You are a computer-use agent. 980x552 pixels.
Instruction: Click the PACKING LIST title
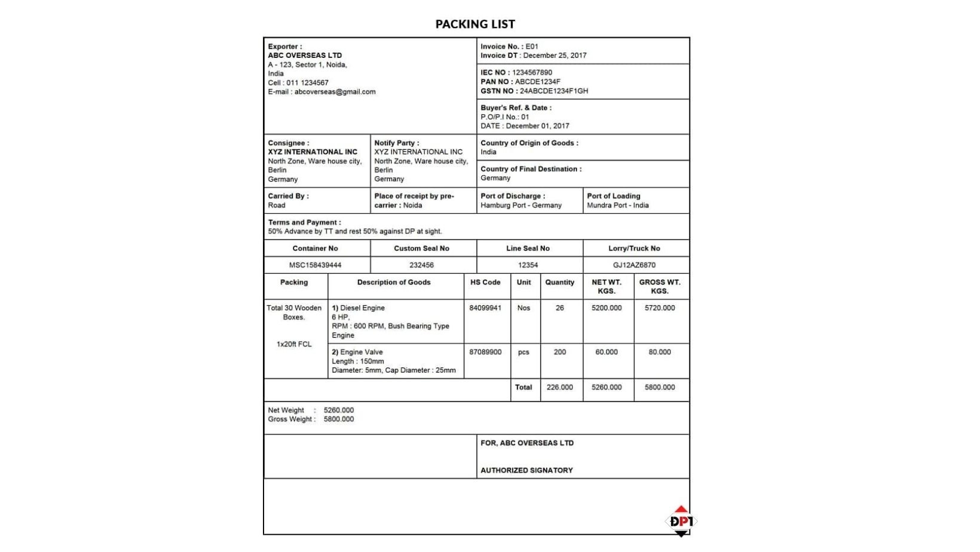click(475, 24)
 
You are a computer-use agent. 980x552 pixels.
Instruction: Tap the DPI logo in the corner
click(681, 521)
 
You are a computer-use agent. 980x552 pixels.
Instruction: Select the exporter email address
click(335, 92)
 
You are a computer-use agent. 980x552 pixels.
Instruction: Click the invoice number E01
click(532, 47)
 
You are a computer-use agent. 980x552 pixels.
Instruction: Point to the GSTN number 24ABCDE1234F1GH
click(553, 91)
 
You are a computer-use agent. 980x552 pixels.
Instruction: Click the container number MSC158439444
click(315, 265)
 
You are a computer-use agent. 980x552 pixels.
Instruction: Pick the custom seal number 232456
click(421, 265)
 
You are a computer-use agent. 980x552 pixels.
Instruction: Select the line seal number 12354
click(528, 265)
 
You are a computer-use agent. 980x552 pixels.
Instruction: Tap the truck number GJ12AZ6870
click(634, 265)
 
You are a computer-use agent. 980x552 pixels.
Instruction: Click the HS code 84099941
click(485, 308)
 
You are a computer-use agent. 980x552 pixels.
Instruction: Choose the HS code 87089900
click(485, 352)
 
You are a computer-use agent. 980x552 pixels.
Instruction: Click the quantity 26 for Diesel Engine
click(559, 308)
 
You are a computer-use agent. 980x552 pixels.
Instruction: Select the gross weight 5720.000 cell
click(660, 308)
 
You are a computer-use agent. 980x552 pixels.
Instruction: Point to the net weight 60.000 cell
click(607, 352)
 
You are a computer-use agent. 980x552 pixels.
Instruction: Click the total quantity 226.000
click(559, 388)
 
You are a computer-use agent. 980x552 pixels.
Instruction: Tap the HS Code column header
click(485, 283)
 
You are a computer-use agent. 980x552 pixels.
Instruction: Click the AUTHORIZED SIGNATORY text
click(526, 471)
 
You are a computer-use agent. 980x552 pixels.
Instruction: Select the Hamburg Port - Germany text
click(521, 206)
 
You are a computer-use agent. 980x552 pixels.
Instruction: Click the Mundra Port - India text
click(617, 206)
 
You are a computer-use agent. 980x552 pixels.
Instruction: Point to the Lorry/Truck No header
click(634, 249)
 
